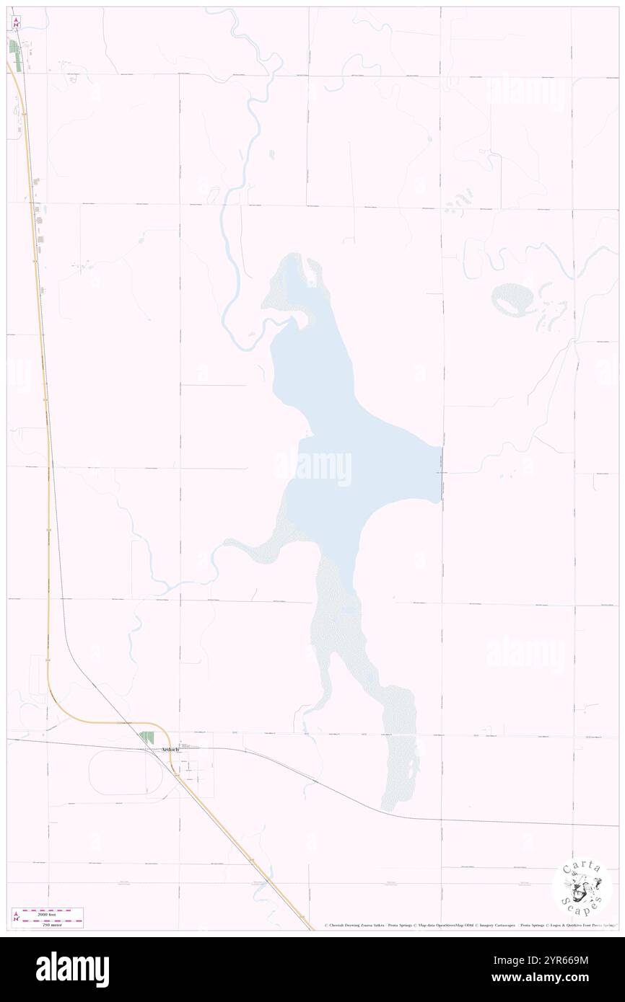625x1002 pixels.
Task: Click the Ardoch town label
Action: coord(168,750)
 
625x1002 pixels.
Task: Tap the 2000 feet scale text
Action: coord(53,913)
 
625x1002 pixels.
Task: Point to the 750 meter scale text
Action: coord(53,923)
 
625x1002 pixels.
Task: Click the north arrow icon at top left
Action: coord(15,22)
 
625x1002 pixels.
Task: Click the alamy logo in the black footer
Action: coord(72,968)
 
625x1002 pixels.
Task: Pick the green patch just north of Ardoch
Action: coord(147,737)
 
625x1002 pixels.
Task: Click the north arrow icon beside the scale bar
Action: coord(16,917)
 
